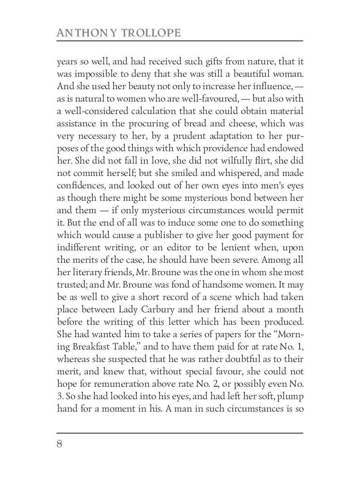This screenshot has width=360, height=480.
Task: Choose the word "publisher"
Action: (x=148, y=235)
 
